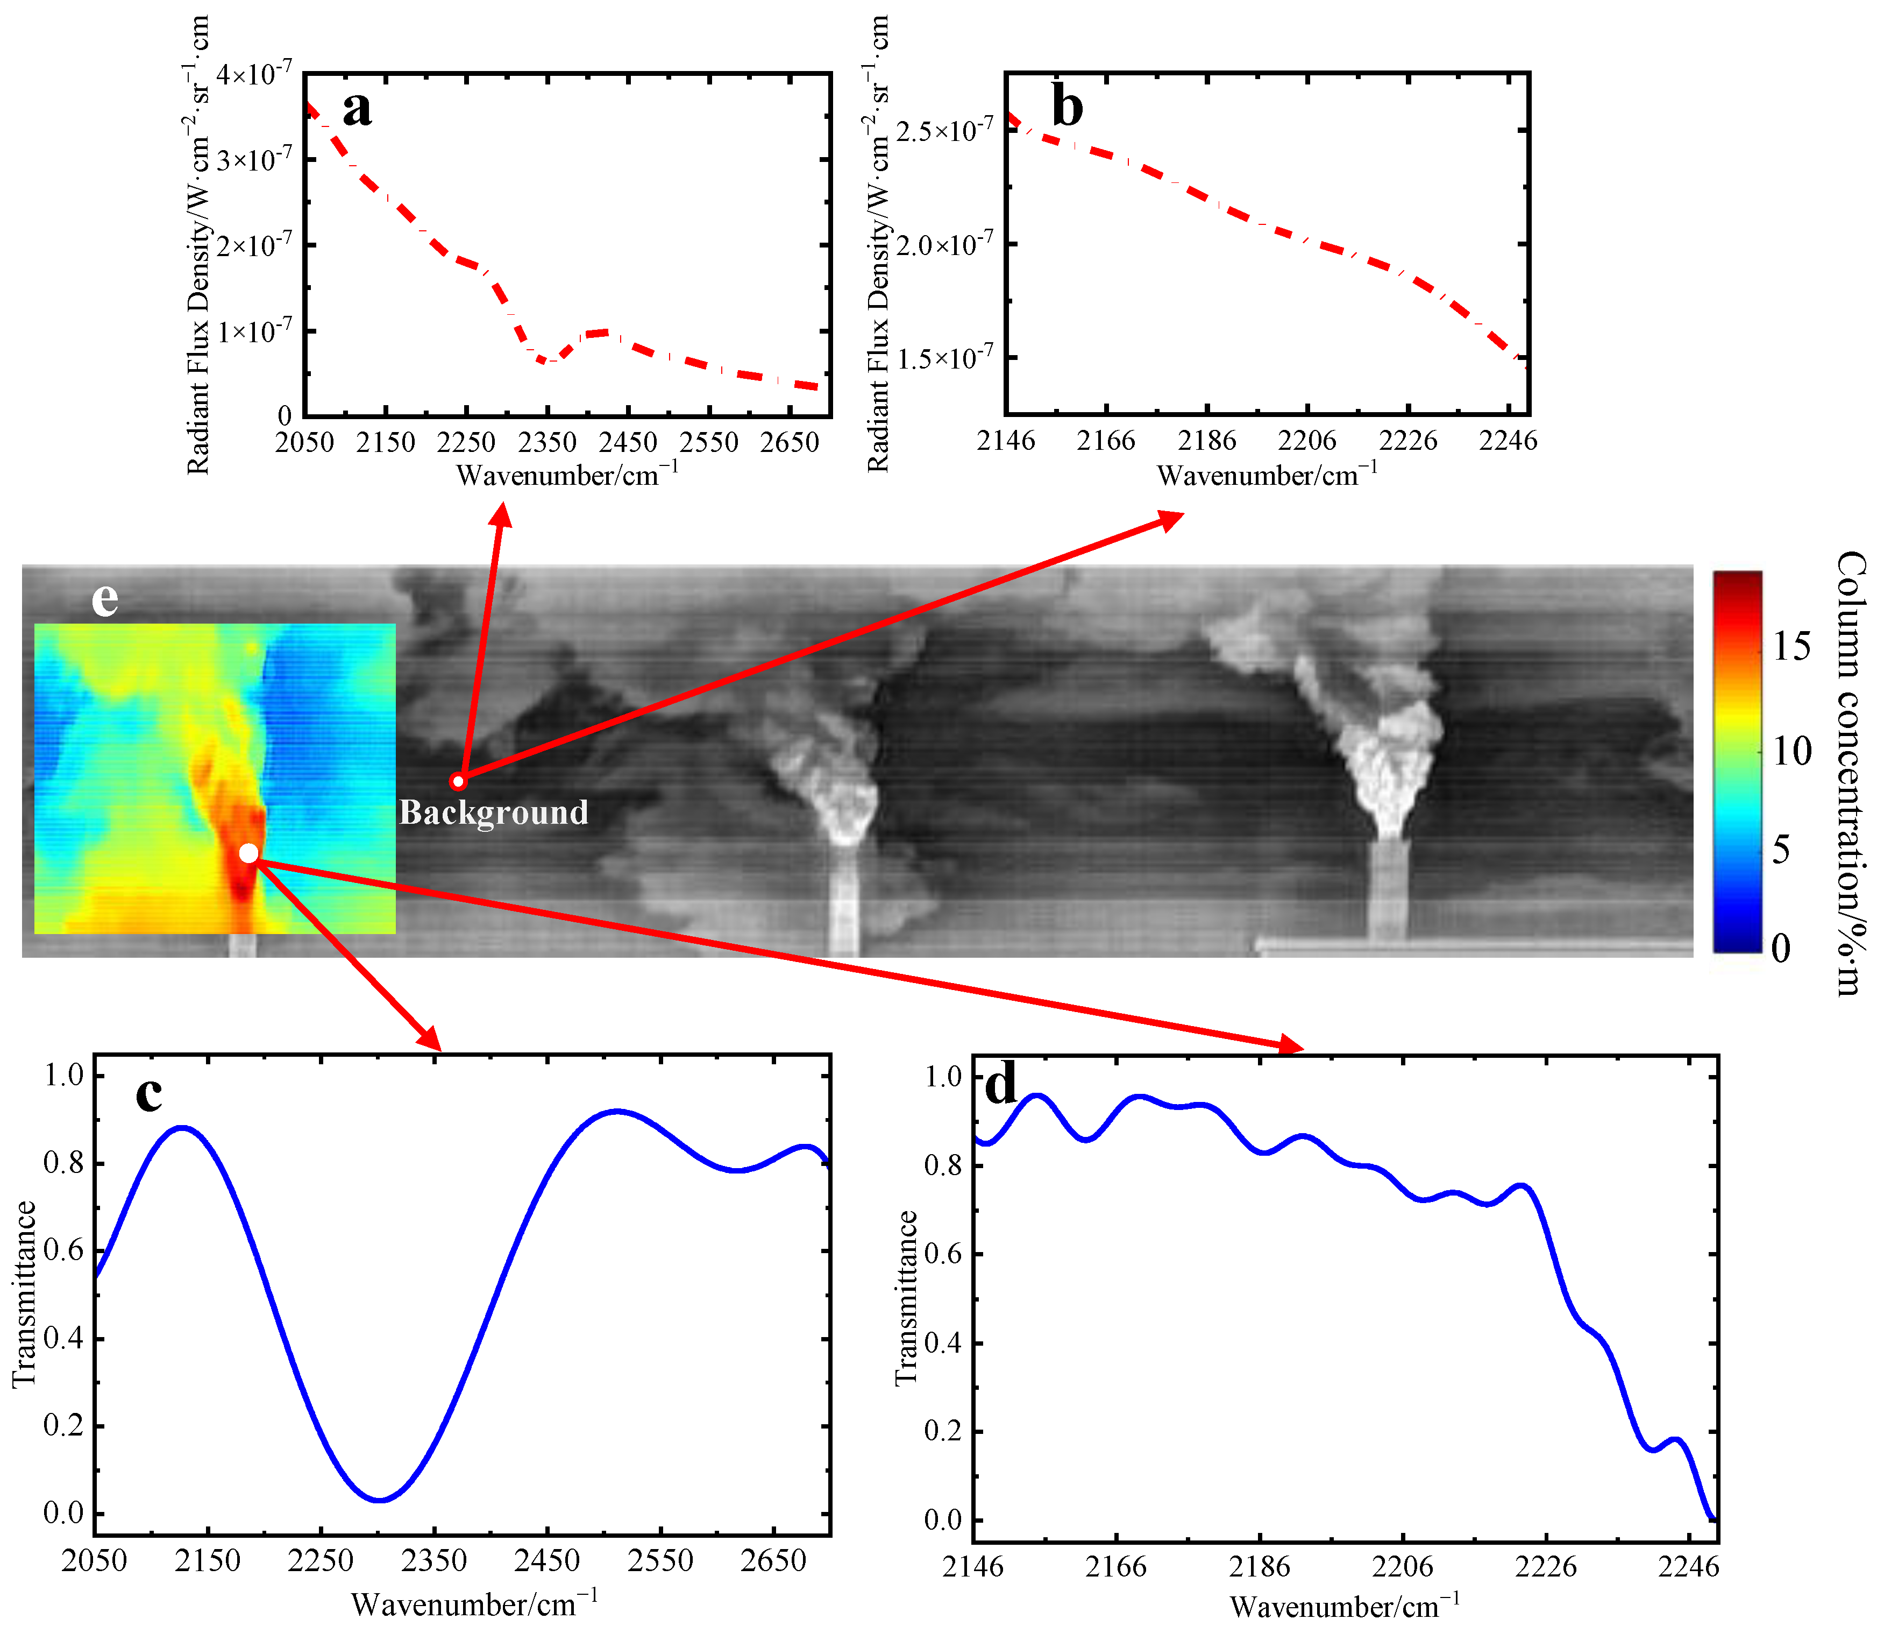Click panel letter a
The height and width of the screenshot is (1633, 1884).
[357, 109]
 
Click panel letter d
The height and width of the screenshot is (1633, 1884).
[1001, 1085]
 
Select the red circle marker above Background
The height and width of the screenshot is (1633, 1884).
[458, 781]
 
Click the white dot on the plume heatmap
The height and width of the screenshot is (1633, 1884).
[248, 853]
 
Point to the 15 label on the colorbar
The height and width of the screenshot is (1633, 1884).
[1791, 646]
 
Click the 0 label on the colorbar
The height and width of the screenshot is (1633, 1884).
[1781, 949]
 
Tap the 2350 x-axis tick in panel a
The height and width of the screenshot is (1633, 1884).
[546, 443]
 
